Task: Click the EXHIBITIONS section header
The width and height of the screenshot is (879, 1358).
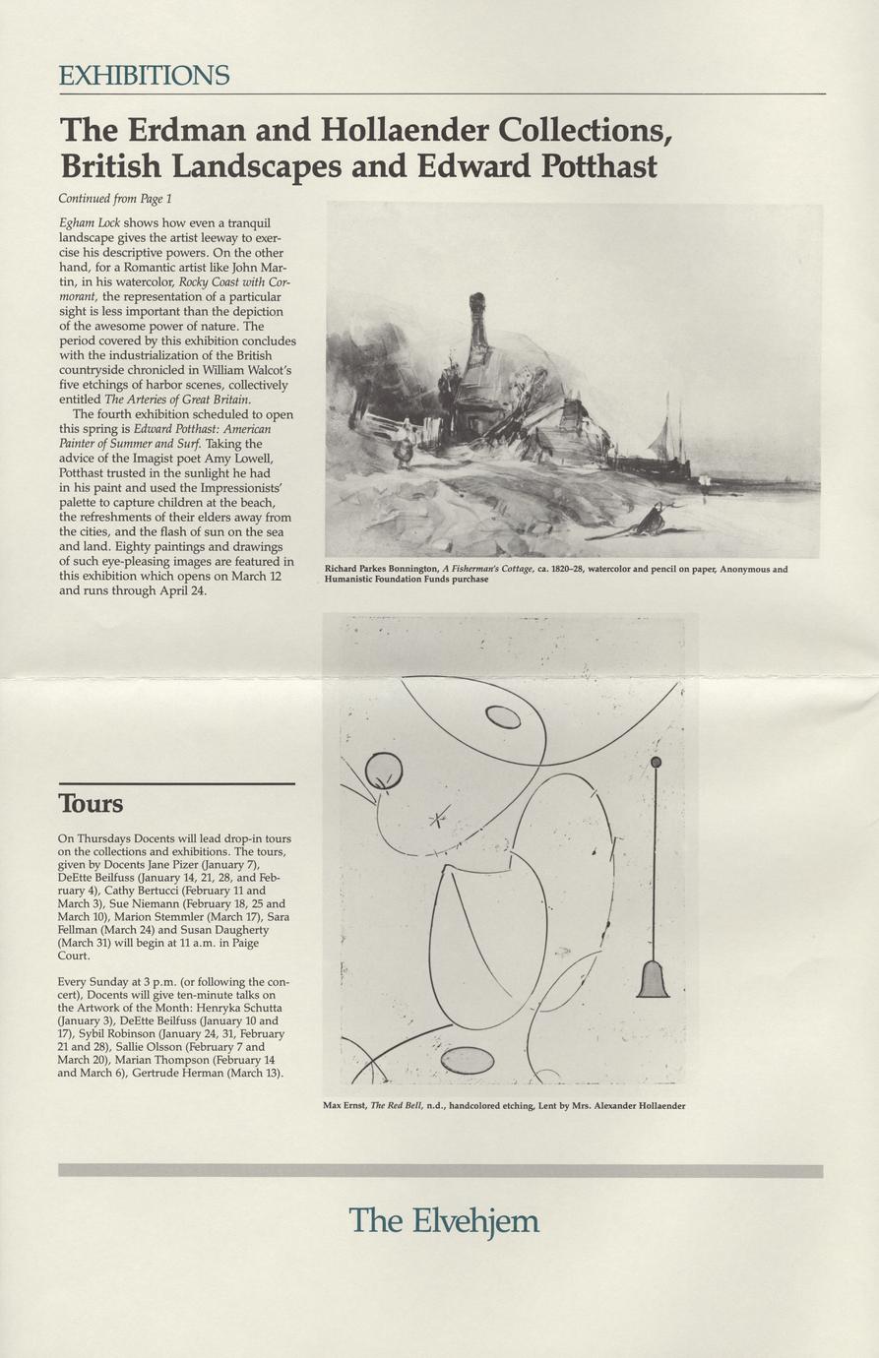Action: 144,75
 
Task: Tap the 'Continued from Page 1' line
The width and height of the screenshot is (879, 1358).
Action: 115,198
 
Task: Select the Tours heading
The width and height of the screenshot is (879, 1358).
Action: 91,804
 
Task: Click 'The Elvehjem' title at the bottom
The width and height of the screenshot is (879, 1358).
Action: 444,1221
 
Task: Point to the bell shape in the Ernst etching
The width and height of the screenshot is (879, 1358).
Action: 654,978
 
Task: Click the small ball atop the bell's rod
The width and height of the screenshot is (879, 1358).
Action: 657,762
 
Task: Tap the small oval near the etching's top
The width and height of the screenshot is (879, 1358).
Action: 503,717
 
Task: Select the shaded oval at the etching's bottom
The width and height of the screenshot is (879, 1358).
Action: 468,1060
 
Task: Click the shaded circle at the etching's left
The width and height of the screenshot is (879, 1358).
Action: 383,771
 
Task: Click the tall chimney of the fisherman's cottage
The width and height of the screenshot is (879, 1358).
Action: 478,320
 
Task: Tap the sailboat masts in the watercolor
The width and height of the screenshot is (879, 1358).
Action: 669,428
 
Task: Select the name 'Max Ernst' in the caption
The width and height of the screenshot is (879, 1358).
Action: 345,1105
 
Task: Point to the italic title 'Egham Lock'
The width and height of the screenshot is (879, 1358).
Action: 89,223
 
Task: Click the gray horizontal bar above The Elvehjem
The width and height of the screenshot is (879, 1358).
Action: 440,1171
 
